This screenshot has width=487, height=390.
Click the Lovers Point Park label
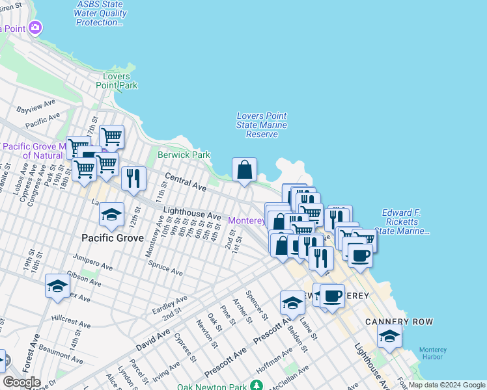tap(117, 81)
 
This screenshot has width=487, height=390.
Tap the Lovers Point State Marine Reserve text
tap(262, 125)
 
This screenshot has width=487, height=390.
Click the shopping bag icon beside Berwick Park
tap(244, 170)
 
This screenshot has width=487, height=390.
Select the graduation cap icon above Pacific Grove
tap(111, 214)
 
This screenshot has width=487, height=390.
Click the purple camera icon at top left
tap(35, 28)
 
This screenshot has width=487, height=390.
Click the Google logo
tap(21, 382)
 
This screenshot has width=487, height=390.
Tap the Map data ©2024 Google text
tap(446, 385)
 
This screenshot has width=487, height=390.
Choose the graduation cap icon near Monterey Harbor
tap(389, 336)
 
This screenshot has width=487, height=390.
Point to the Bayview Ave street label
tap(38, 108)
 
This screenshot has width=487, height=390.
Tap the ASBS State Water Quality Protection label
tap(99, 13)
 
